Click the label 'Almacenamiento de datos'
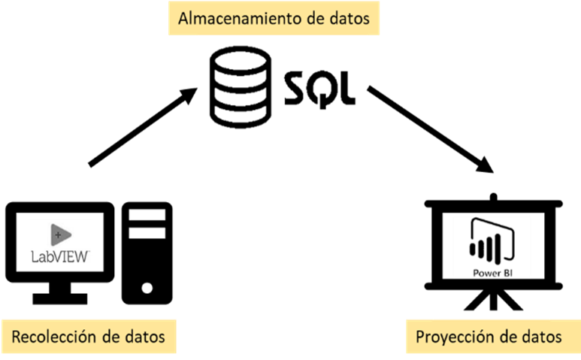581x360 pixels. coord(274,19)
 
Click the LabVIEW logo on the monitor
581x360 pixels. coord(61,242)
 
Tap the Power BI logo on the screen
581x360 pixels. coord(487,248)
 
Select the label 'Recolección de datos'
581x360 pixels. coord(89,335)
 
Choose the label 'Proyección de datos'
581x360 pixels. coord(489,337)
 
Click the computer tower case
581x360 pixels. coord(148,252)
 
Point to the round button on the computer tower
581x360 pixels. coord(148,287)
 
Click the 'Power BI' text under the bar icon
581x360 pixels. coord(487,271)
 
